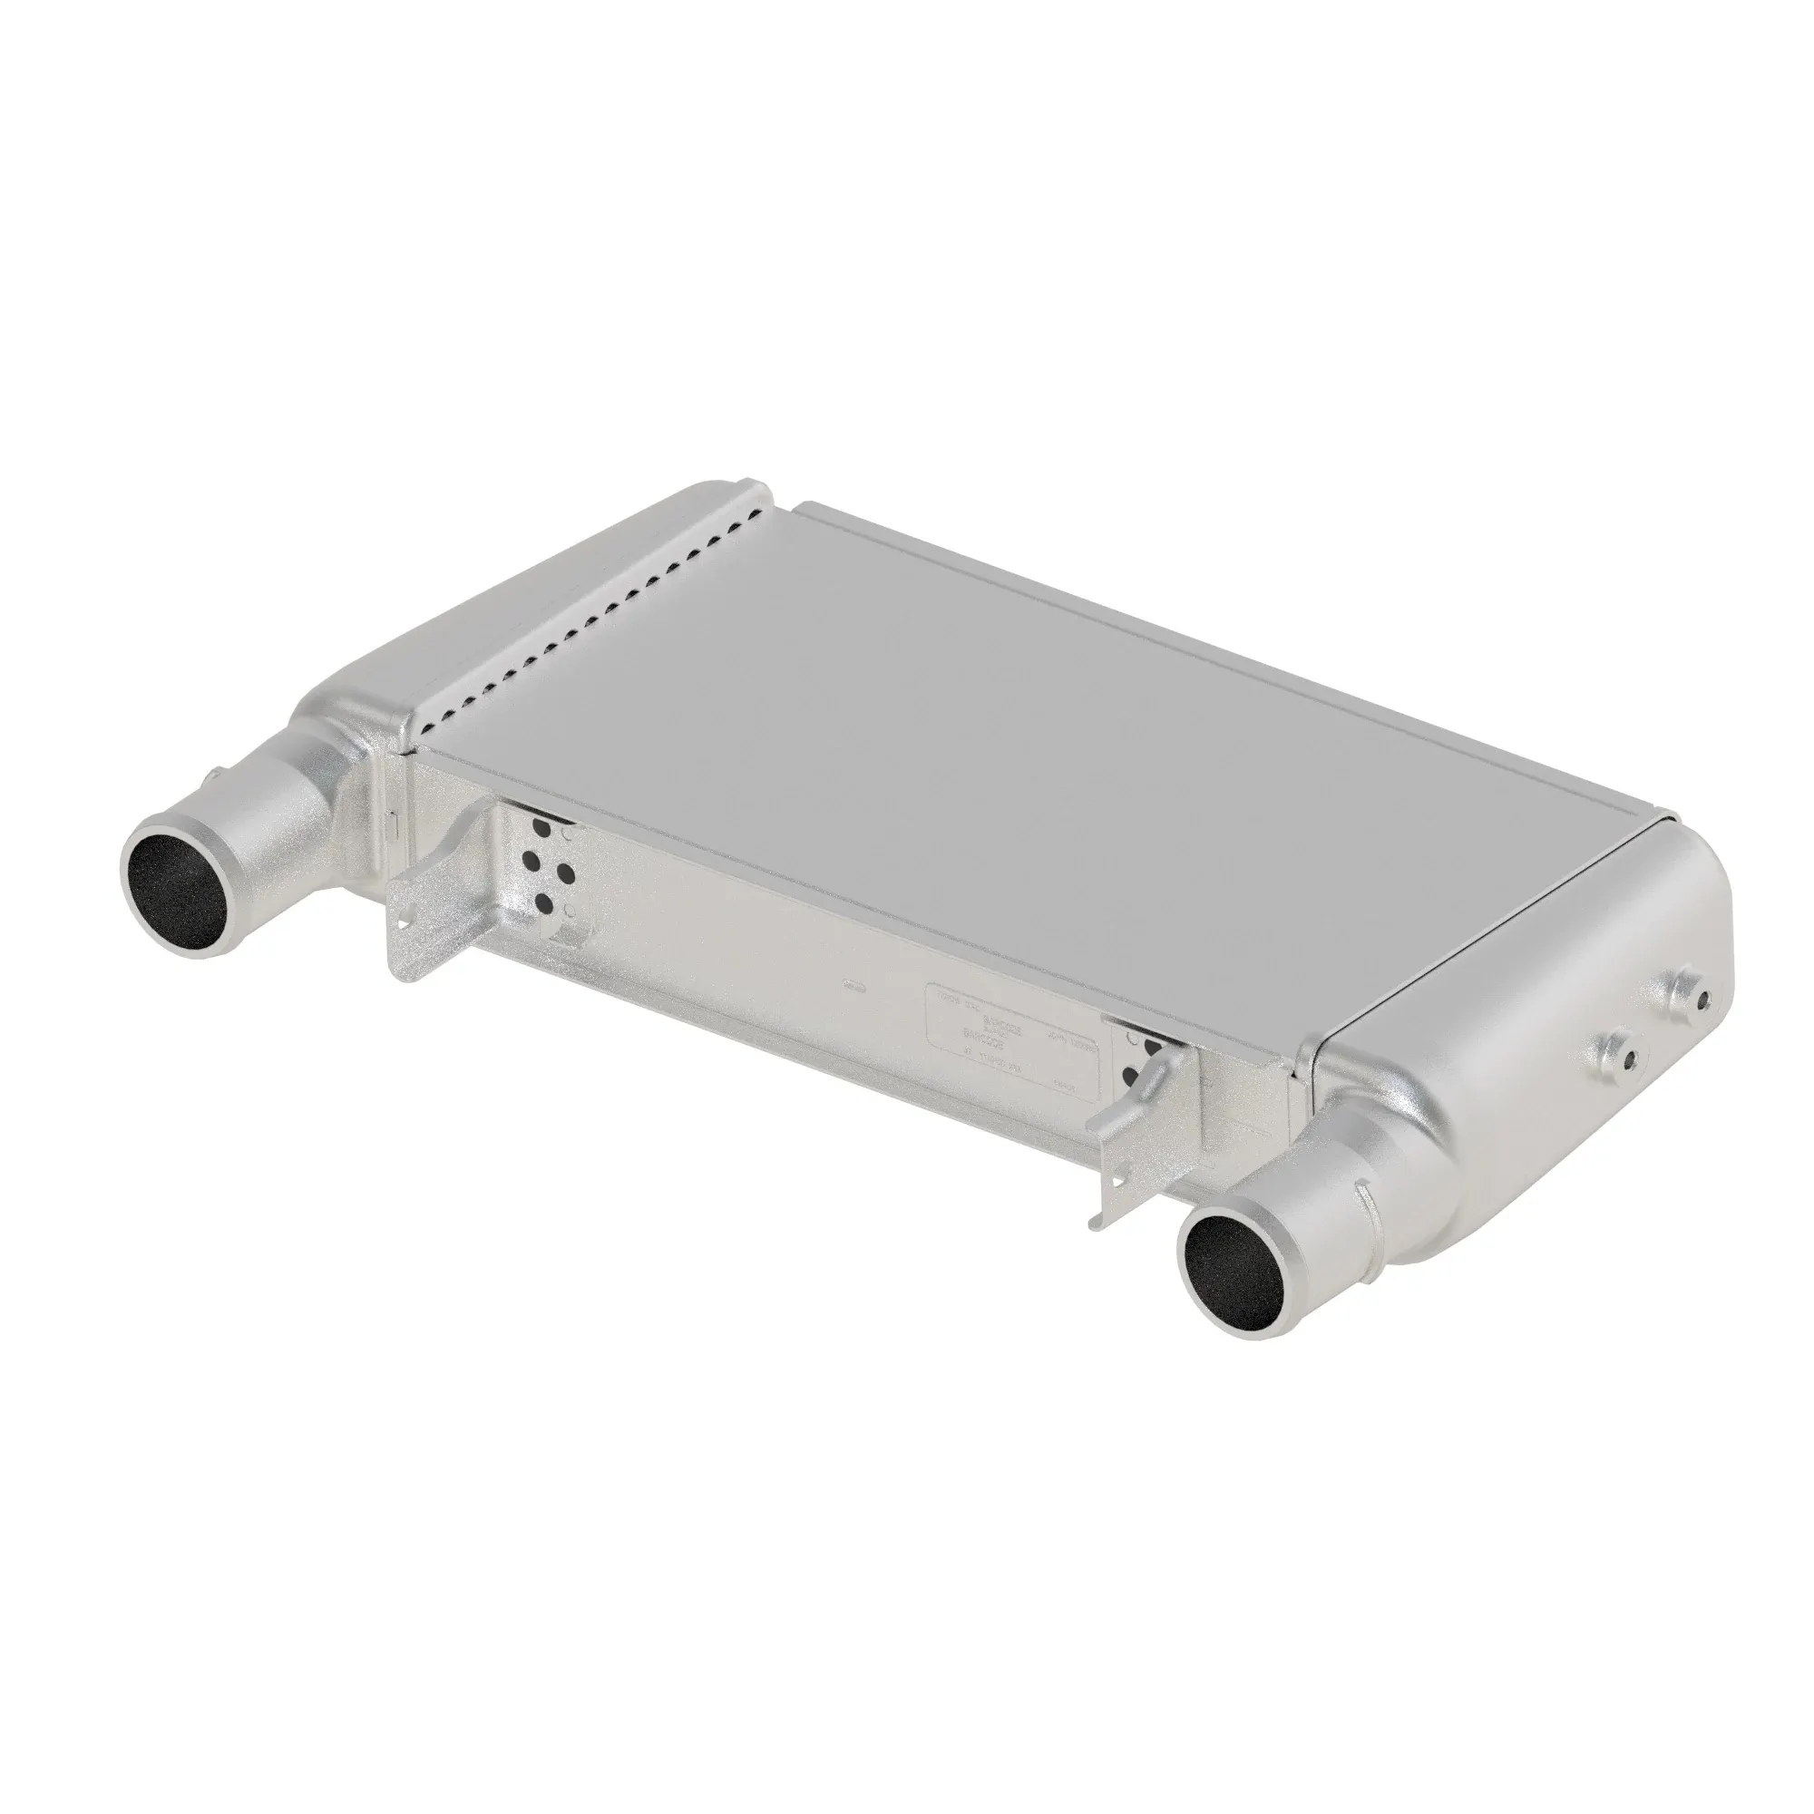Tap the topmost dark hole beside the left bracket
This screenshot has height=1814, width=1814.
coord(541,827)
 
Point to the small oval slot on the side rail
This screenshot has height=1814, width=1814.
coord(853,985)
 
